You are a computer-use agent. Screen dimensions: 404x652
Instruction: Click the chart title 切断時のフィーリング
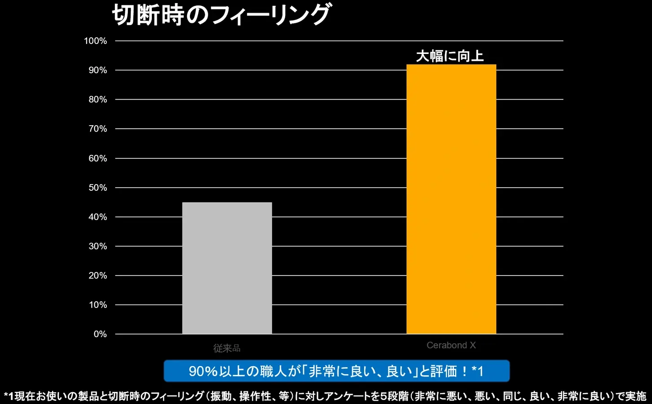pos(221,15)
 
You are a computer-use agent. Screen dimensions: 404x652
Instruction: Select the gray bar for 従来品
pos(227,268)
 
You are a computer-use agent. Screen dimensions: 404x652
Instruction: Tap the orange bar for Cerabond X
pos(451,199)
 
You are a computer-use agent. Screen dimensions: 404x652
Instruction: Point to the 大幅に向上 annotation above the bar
pos(450,56)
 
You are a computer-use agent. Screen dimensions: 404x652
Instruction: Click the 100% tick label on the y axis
pos(95,41)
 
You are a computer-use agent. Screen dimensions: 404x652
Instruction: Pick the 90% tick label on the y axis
pos(97,70)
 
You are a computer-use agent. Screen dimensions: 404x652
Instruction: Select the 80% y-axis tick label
pos(97,100)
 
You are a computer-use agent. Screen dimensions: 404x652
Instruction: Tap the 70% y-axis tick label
pos(97,129)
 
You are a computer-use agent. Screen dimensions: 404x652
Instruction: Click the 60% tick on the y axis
pos(97,158)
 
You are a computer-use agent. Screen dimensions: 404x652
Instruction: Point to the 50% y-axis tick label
pos(97,188)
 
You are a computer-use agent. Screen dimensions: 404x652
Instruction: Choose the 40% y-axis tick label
pos(97,217)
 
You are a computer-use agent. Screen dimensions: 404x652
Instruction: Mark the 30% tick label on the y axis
pos(97,246)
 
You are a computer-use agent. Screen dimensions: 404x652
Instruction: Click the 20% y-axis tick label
pos(97,276)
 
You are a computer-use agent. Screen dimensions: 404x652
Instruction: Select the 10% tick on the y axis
pos(97,305)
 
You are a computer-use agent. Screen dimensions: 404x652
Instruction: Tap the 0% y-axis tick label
pos(100,334)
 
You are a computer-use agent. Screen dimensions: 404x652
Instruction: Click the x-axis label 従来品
pos(227,348)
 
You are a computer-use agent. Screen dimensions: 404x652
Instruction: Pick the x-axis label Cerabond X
pos(451,345)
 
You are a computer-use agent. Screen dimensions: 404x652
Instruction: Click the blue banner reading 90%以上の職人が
pos(336,371)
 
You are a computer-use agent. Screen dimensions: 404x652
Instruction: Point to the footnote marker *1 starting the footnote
pos(9,396)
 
